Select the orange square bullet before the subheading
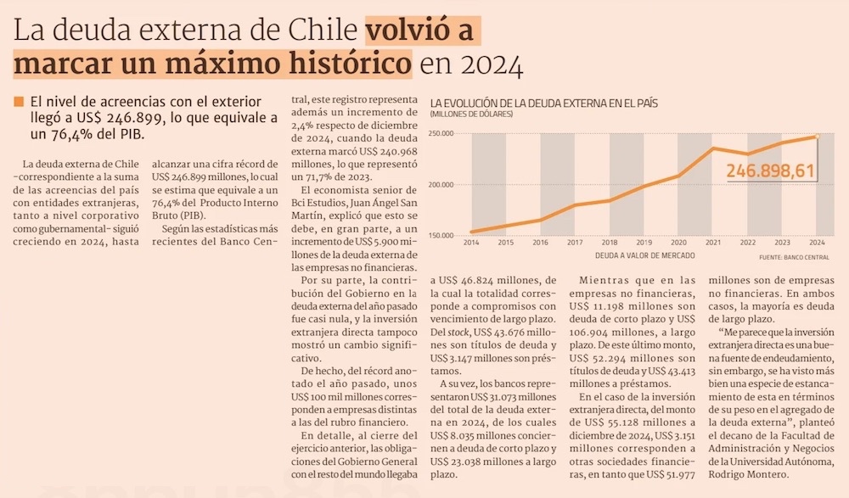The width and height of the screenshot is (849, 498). click(x=18, y=103)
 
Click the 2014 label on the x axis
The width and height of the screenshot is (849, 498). click(x=471, y=243)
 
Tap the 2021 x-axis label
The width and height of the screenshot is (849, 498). click(x=714, y=243)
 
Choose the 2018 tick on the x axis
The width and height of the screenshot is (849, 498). click(x=610, y=243)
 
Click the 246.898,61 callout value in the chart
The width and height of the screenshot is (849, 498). click(x=771, y=171)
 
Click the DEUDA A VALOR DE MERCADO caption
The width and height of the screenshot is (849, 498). click(x=644, y=255)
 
